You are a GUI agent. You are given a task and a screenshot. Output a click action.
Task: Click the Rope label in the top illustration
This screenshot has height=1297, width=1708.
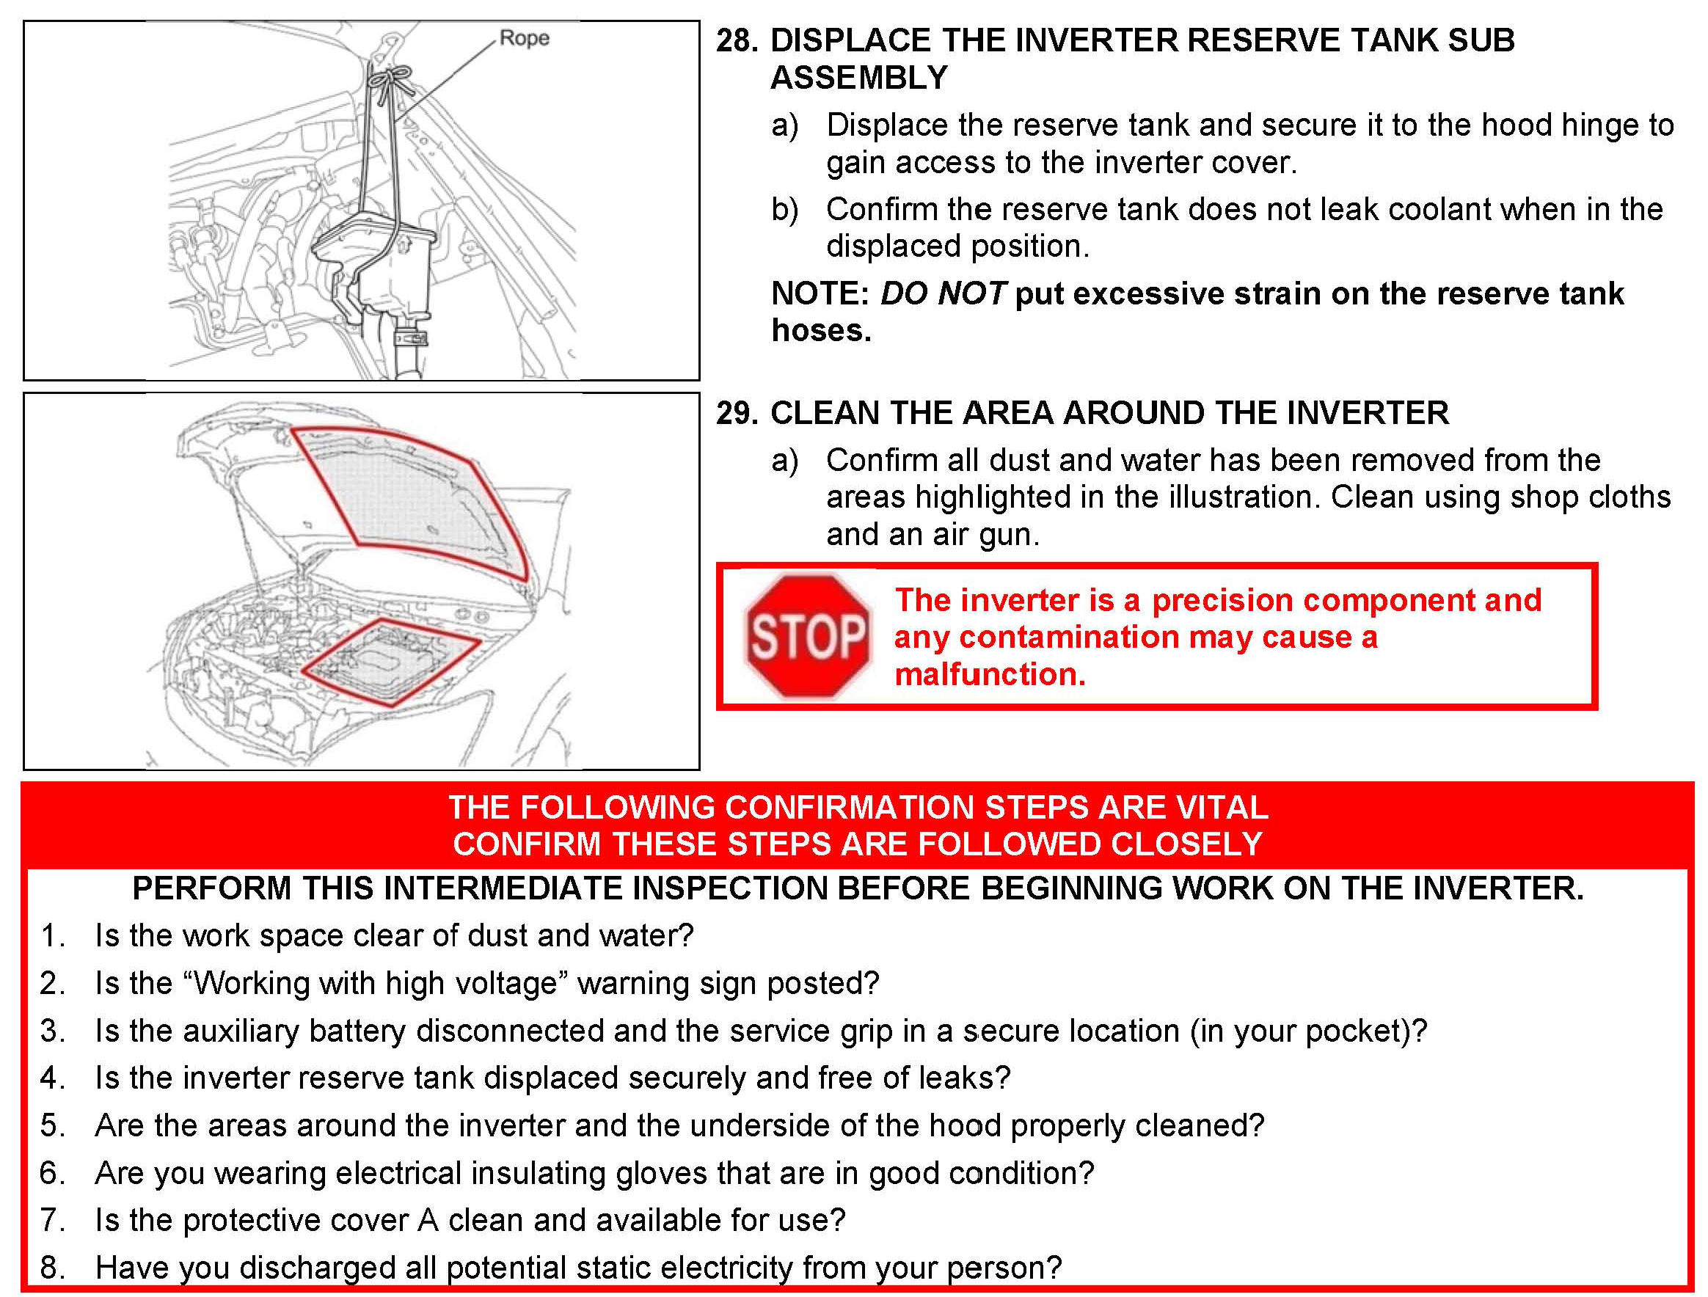pyautogui.click(x=524, y=38)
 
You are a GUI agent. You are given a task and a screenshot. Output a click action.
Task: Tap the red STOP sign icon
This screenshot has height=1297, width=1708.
pyautogui.click(x=807, y=637)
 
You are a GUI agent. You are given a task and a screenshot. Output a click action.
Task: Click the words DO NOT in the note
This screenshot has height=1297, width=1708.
pyautogui.click(x=942, y=294)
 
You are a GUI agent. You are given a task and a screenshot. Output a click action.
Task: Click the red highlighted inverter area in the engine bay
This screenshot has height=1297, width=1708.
pyautogui.click(x=390, y=662)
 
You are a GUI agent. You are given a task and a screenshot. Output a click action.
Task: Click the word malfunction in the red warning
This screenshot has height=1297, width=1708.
pyautogui.click(x=989, y=675)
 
